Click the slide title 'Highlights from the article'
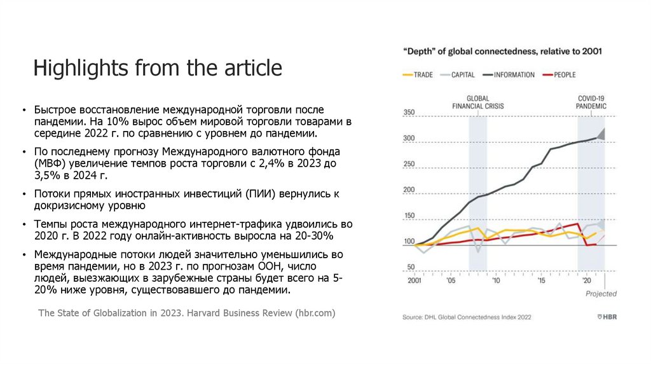pyautogui.click(x=158, y=67)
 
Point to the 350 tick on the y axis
pyautogui.click(x=409, y=113)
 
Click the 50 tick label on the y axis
pyautogui.click(x=411, y=267)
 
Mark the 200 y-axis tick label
pyautogui.click(x=409, y=190)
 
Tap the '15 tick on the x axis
pyautogui.click(x=541, y=280)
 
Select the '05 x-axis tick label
pyautogui.click(x=450, y=280)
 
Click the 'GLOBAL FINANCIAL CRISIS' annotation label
pyautogui.click(x=484, y=102)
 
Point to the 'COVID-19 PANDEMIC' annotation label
pyautogui.click(x=591, y=102)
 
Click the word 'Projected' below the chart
pyautogui.click(x=601, y=294)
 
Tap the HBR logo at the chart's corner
pyautogui.click(x=607, y=317)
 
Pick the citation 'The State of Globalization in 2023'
pyautogui.click(x=186, y=313)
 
